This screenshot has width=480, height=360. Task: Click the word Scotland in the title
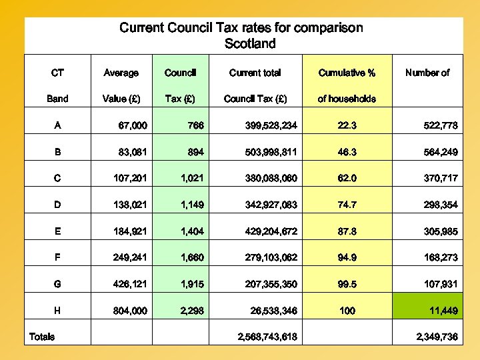pos(250,44)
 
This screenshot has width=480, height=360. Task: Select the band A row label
pos(58,125)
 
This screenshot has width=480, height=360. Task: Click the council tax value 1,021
pos(189,179)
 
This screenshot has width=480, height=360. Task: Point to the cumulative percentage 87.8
pos(347,231)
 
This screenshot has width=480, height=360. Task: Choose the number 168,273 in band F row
pos(441,257)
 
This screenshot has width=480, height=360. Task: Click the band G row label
pos(58,284)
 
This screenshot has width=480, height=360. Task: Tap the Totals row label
pos(42,337)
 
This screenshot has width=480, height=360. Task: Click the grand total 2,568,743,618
pos(267,337)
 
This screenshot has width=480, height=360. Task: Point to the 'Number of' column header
pos(427,73)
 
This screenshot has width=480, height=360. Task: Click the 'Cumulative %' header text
pos(347,73)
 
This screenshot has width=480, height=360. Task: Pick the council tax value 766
pos(195,125)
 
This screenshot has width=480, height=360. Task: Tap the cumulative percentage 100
pos(347,311)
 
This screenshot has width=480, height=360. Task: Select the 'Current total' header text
pos(255,73)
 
